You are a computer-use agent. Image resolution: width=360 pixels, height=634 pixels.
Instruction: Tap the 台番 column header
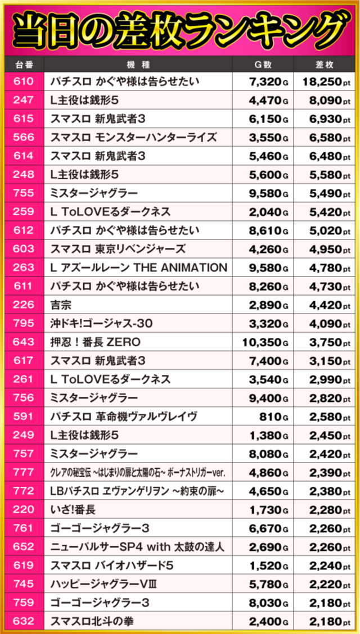coord(23,64)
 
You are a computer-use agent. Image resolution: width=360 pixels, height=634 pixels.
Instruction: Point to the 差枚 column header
coord(325,64)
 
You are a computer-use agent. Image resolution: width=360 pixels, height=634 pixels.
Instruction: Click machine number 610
coord(23,82)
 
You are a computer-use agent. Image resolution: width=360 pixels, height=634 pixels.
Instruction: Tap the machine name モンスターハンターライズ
coord(133,138)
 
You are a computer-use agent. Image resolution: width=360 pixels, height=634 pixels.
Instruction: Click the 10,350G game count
coord(265,342)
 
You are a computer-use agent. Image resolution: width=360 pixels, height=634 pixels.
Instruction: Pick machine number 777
coord(23,473)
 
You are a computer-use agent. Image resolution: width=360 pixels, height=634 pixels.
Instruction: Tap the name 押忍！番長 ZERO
coord(95,342)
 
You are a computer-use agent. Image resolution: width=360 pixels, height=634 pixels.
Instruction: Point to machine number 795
coord(23,324)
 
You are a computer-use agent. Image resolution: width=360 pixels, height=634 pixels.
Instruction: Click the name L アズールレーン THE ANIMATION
coord(138,268)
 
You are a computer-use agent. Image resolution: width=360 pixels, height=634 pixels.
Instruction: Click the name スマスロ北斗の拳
coord(92,622)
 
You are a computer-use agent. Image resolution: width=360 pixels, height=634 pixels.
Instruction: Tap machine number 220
coord(23,510)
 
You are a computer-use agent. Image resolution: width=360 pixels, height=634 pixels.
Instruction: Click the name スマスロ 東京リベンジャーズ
coord(118,250)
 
